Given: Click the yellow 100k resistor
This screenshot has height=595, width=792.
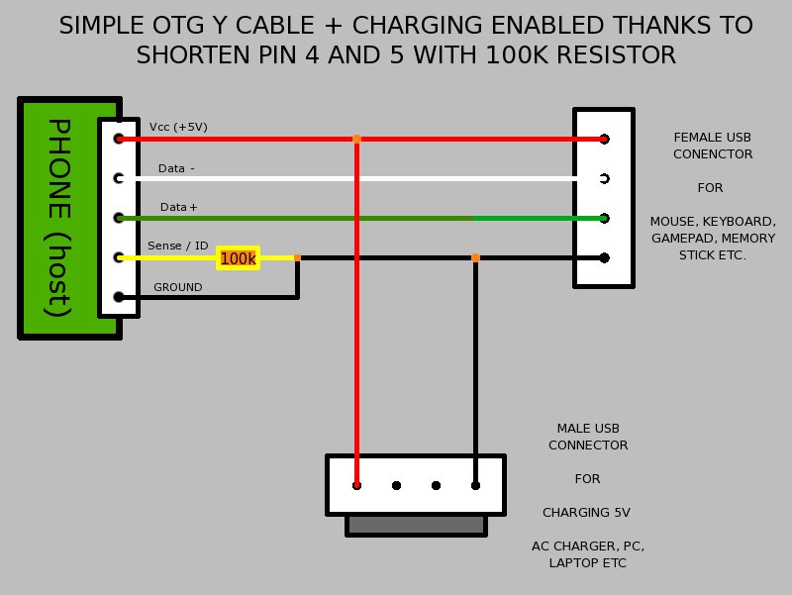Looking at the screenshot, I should click(x=238, y=258).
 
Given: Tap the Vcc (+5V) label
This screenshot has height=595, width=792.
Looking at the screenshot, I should click(x=178, y=127).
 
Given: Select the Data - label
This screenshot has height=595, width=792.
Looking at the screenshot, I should click(x=176, y=168).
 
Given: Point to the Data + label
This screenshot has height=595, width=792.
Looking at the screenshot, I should click(x=179, y=207).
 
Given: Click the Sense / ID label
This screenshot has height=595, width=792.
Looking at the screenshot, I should click(x=178, y=246).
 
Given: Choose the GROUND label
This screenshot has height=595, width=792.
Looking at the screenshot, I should click(x=178, y=287).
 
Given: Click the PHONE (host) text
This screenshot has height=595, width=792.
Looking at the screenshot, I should click(x=58, y=218).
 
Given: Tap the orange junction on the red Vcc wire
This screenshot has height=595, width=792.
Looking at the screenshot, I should click(x=356, y=139).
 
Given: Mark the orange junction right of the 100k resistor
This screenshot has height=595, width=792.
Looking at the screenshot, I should click(x=297, y=257).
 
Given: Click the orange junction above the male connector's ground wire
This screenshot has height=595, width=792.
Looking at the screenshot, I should click(x=475, y=257).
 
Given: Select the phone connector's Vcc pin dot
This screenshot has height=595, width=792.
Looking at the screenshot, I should click(x=119, y=139).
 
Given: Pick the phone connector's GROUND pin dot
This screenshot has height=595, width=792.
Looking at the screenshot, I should click(x=119, y=297).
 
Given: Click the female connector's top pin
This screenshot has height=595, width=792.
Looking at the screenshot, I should click(x=604, y=139).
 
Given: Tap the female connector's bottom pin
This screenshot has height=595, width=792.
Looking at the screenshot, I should click(x=604, y=257).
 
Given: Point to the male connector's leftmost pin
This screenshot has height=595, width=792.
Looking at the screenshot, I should click(x=356, y=485).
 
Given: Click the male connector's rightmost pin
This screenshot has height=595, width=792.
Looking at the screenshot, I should click(x=475, y=485).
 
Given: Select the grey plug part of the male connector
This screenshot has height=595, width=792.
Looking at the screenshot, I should click(x=416, y=525).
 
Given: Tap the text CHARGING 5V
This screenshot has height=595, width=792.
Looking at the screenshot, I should click(x=586, y=513).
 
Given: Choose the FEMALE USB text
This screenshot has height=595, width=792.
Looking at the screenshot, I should click(x=713, y=138).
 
